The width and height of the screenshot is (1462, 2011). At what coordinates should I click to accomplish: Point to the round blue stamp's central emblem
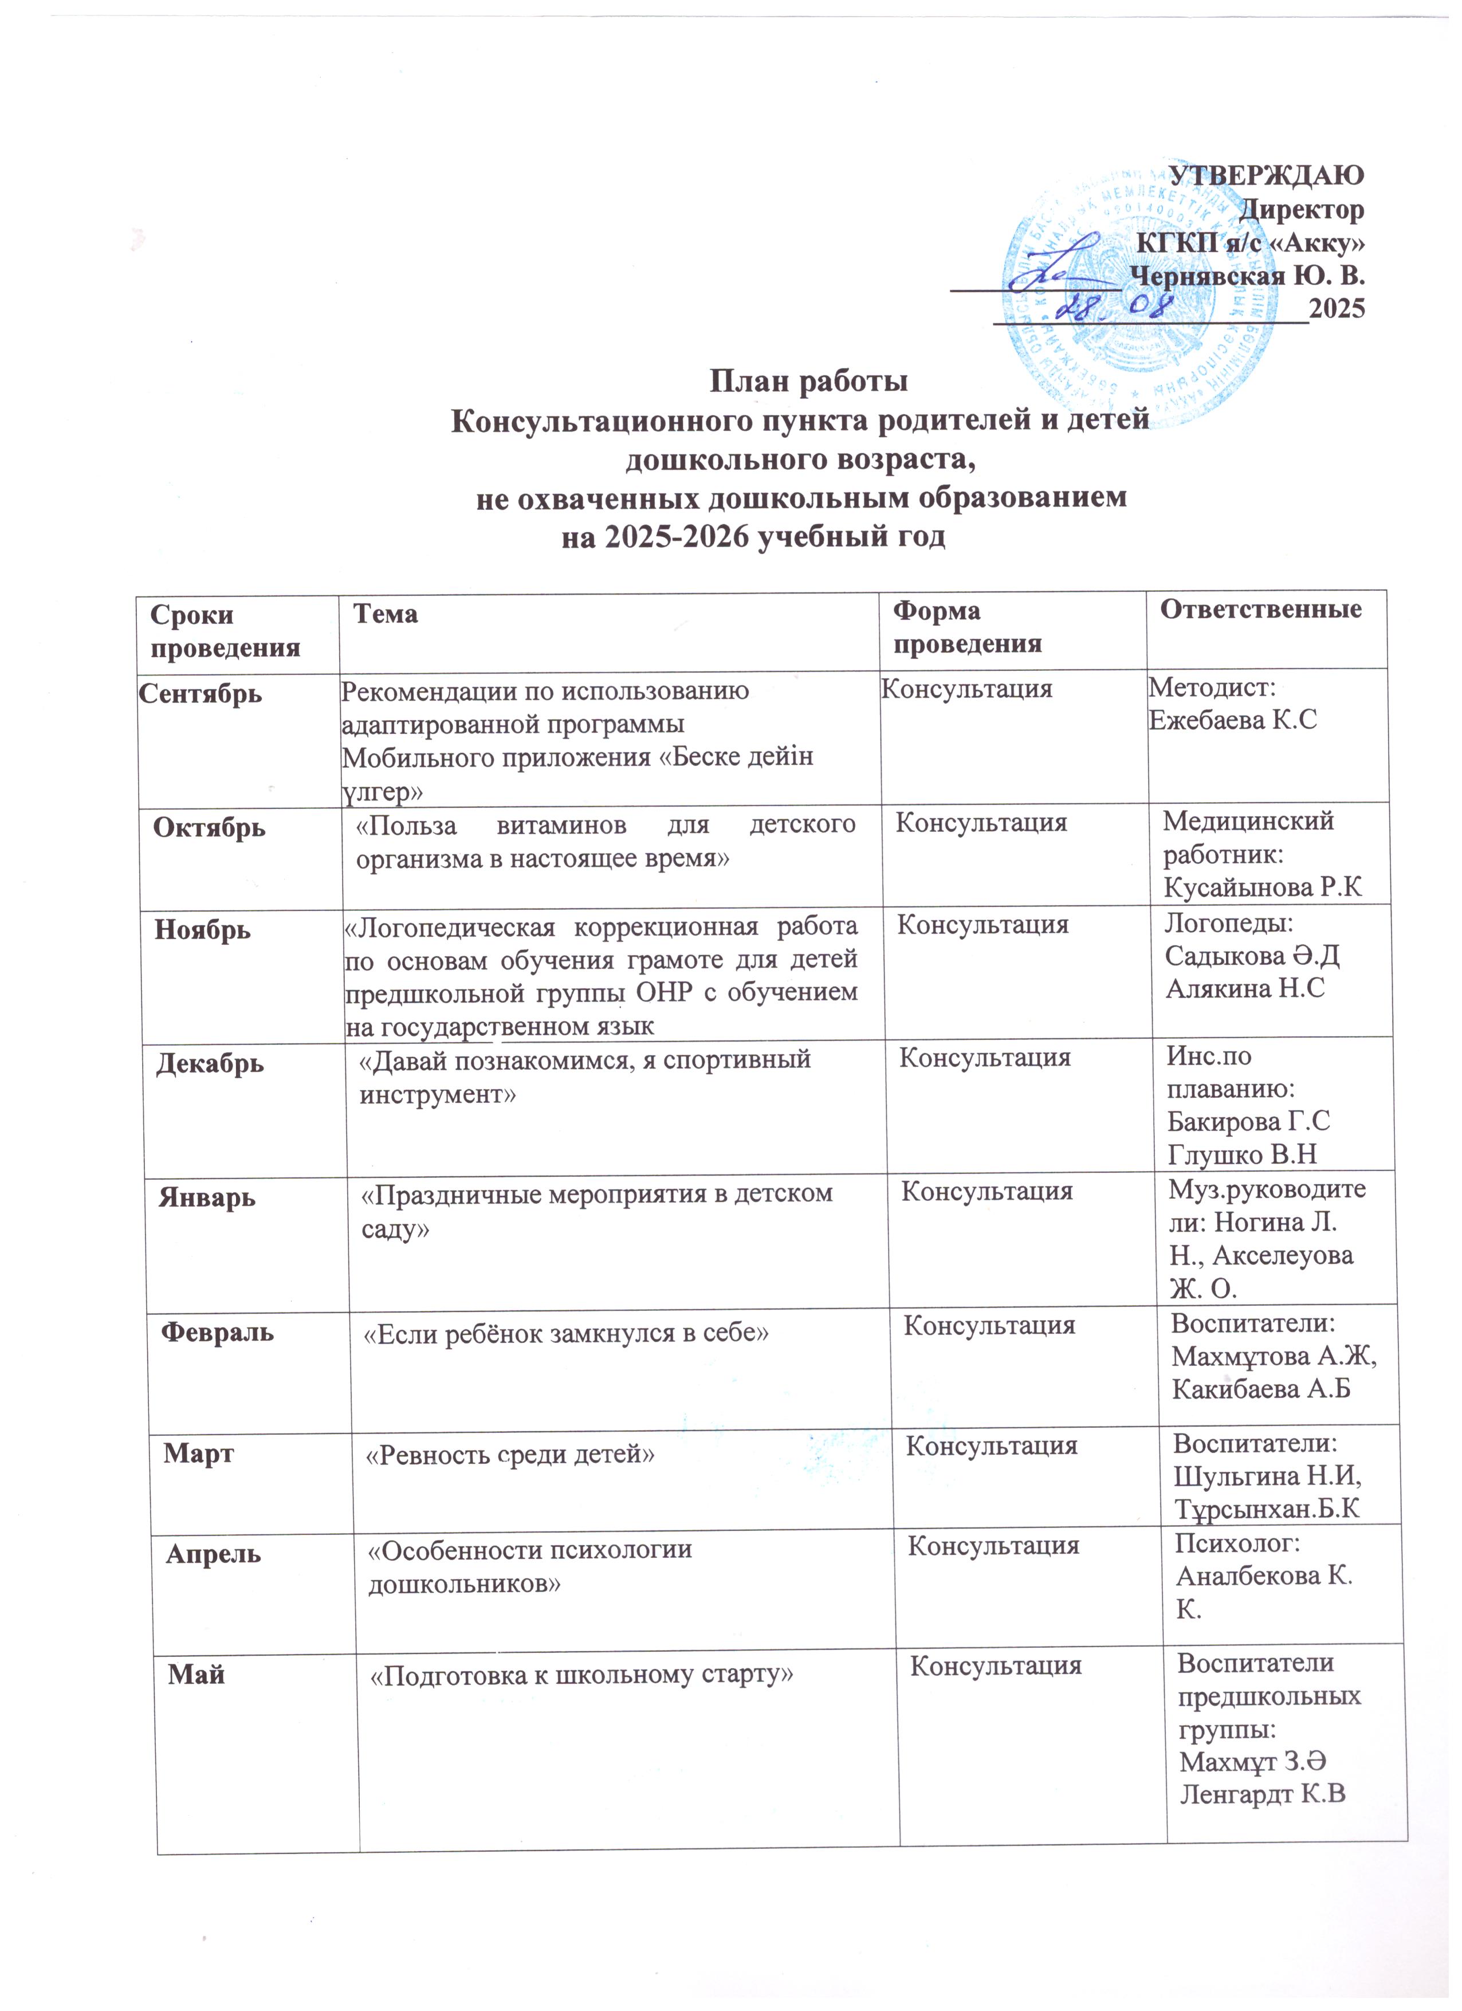1117,266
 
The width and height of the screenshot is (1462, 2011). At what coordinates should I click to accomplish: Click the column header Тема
385,614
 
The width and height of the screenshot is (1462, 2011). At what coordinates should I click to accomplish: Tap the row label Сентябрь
201,693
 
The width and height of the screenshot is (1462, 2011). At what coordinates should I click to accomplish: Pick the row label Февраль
217,1332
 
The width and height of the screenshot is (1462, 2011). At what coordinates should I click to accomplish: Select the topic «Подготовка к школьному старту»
580,1675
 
